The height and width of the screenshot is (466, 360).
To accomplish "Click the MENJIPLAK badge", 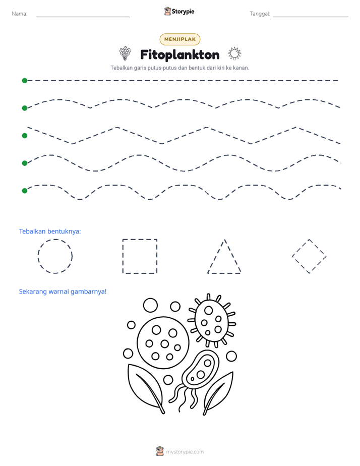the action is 179,39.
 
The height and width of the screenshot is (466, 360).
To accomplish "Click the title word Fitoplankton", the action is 179,55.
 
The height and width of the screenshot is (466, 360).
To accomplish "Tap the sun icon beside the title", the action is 234,54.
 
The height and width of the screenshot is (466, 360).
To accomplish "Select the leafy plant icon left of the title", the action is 125,53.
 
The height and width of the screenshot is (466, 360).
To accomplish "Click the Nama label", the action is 20,14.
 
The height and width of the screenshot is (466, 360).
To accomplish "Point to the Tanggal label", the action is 260,14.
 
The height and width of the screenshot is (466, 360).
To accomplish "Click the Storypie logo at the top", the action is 179,11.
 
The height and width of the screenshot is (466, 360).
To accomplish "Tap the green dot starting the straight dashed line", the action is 25,81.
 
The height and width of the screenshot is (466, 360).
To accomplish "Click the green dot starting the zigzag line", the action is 25,136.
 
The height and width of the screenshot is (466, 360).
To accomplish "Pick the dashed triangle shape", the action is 216,256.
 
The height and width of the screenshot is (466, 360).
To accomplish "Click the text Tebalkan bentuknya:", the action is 50,231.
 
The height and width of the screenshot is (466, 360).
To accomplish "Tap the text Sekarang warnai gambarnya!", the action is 63,292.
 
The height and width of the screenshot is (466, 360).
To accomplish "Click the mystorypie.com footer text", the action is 185,452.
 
